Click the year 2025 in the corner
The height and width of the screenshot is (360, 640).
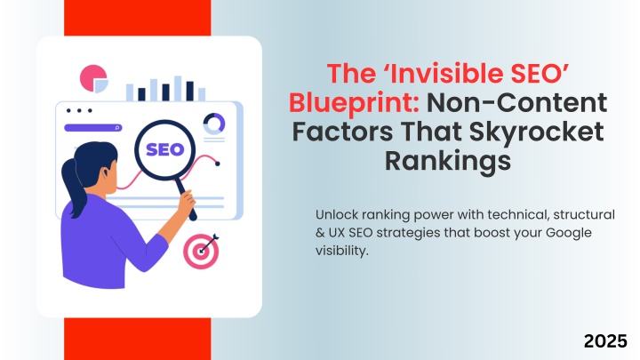click(605, 341)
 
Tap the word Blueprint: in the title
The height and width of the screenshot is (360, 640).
click(354, 103)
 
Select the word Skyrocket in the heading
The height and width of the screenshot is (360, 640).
click(536, 132)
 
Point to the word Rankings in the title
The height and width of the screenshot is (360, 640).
click(448, 161)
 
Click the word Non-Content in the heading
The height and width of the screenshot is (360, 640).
click(517, 102)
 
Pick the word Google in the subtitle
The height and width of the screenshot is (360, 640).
click(569, 233)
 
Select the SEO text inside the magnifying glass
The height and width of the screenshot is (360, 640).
click(165, 150)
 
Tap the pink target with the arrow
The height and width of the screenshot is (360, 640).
click(201, 251)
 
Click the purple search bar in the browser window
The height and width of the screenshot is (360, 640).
click(93, 128)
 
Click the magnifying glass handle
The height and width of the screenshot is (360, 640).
click(186, 199)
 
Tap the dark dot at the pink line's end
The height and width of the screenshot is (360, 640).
click(218, 164)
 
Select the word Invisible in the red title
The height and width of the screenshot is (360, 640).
click(445, 74)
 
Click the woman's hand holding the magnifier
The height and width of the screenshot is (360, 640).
click(187, 204)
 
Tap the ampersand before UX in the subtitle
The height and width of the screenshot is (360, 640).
click(320, 233)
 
